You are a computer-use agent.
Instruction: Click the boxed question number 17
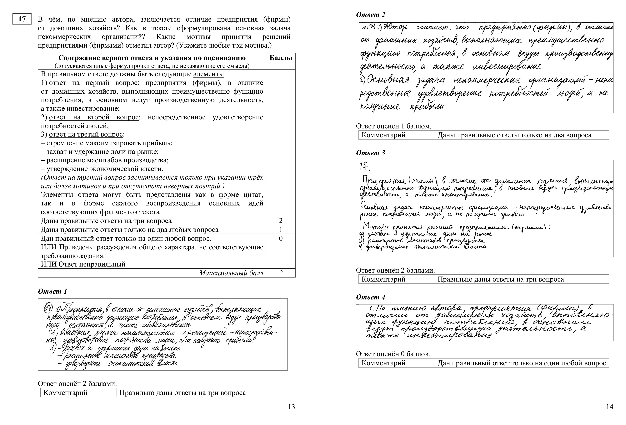click(x=22, y=19)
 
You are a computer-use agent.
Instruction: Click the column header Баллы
click(x=281, y=58)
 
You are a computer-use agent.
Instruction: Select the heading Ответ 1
click(x=52, y=291)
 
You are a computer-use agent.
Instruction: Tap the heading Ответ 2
click(x=371, y=15)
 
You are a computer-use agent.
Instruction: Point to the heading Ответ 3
click(x=371, y=153)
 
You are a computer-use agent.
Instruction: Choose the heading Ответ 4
click(x=371, y=297)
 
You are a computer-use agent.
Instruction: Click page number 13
click(x=291, y=407)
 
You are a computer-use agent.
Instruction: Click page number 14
click(x=610, y=407)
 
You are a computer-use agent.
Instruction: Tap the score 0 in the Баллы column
click(x=281, y=238)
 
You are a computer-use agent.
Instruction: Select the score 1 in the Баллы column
click(x=281, y=230)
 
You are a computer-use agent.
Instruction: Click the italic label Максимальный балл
click(x=231, y=273)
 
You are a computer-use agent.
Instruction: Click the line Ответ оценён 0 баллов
click(x=393, y=354)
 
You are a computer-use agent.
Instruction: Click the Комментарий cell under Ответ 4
click(x=383, y=363)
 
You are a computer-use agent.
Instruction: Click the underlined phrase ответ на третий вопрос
click(x=86, y=134)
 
